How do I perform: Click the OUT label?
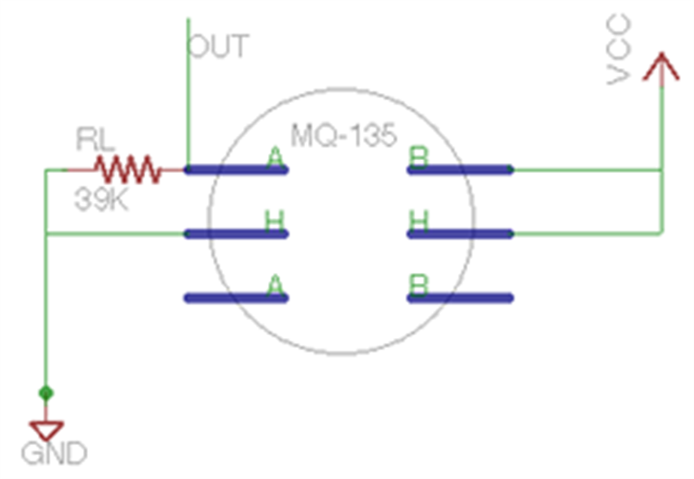click(x=218, y=46)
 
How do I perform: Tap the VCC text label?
click(x=618, y=49)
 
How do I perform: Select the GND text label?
click(x=54, y=453)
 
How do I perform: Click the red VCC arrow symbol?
click(x=661, y=68)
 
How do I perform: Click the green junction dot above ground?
click(x=46, y=393)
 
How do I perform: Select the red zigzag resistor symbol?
click(x=128, y=169)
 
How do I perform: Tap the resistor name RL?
click(x=96, y=139)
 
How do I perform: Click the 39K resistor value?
click(x=101, y=199)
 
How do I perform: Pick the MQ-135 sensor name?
click(x=344, y=136)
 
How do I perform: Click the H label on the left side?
click(x=275, y=221)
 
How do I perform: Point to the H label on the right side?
click(x=419, y=221)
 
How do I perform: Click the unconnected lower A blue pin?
click(x=236, y=298)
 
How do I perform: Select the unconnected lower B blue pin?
click(x=461, y=298)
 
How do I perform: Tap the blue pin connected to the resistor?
click(x=236, y=170)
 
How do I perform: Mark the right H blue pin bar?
click(x=461, y=234)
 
